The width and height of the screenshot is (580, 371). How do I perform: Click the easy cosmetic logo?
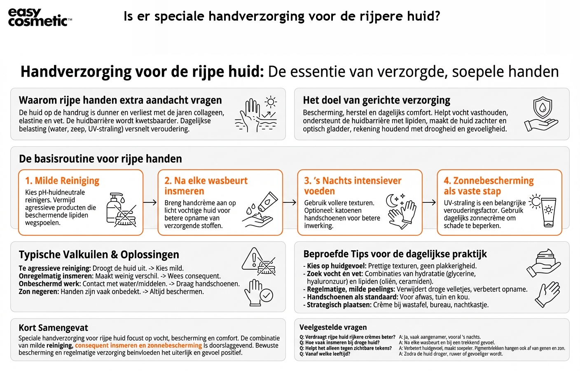tap(40, 17)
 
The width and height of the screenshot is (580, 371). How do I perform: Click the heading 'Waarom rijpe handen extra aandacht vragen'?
tap(120, 100)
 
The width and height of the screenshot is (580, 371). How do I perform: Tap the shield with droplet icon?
tap(542, 108)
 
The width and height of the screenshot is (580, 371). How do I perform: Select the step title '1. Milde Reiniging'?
tap(62, 181)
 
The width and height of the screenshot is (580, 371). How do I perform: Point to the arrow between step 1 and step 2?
tap(150, 202)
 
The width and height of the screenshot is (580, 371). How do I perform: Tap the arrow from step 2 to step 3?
tap(290, 202)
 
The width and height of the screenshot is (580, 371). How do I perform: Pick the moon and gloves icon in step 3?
tap(401, 211)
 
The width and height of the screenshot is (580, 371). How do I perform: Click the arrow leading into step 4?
tap(429, 202)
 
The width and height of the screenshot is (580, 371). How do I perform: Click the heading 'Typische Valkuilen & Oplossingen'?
tap(99, 254)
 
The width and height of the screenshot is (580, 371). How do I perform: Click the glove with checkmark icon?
tap(259, 293)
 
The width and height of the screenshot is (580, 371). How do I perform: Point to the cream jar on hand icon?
tap(543, 263)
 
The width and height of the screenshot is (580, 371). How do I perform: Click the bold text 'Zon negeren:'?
tap(39, 292)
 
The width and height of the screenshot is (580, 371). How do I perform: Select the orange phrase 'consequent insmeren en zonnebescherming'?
tap(138, 345)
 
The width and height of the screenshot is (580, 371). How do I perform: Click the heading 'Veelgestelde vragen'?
tap(333, 327)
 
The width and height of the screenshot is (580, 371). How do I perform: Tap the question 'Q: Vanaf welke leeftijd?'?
tap(325, 354)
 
